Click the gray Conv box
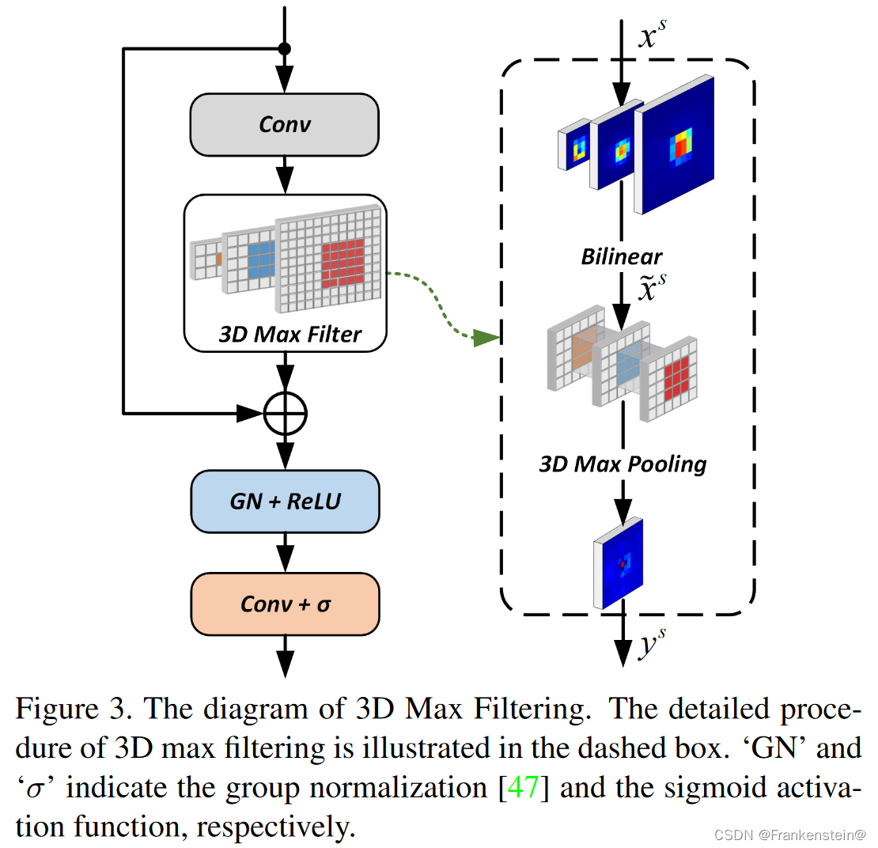click(285, 124)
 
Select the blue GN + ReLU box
click(285, 501)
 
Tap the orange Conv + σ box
click(285, 604)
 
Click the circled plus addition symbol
click(285, 412)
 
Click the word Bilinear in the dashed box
click(622, 256)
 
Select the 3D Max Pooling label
click(623, 463)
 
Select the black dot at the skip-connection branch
click(285, 49)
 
